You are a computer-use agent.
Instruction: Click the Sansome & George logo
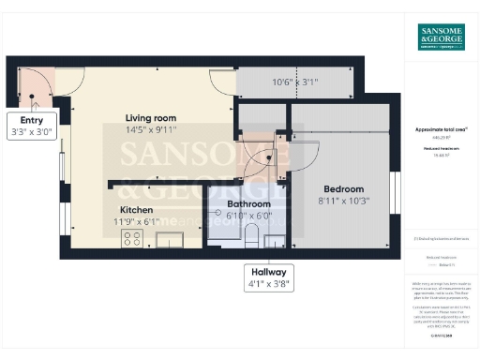440,37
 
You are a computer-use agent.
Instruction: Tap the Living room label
151,117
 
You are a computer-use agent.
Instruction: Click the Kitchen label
135,209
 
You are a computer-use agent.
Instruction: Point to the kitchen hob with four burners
131,237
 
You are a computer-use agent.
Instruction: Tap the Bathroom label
248,203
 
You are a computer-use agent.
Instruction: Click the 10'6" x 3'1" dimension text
294,82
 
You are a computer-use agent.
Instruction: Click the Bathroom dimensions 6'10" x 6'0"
248,215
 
